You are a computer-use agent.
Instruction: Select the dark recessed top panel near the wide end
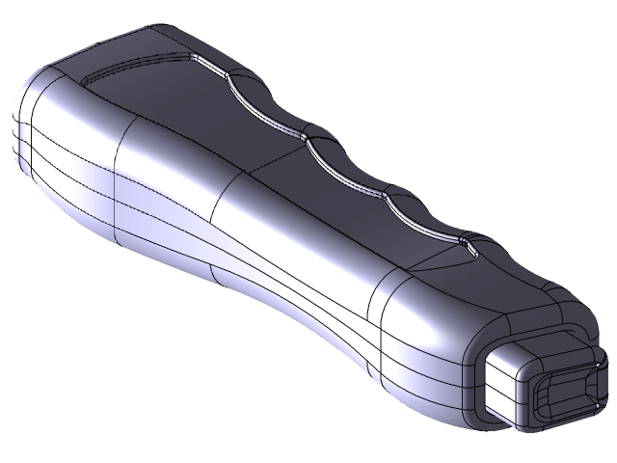coord(164,96)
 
